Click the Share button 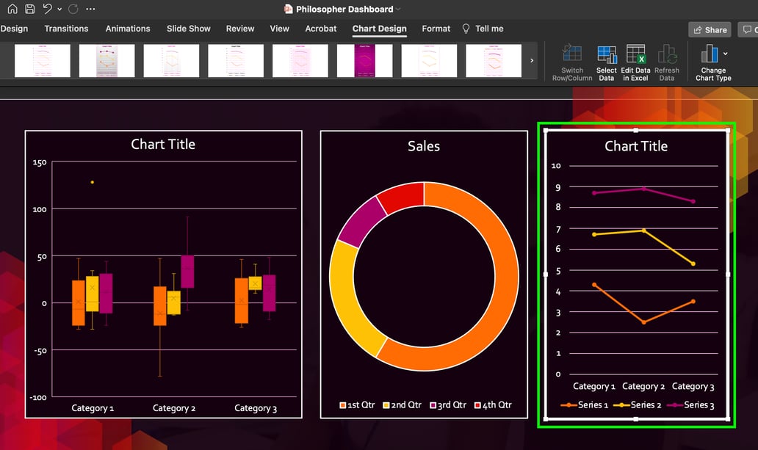click(710, 30)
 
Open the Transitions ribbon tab click(66, 29)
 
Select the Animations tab click(128, 29)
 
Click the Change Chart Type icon click(710, 54)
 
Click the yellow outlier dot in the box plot click(92, 182)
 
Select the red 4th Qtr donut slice click(401, 197)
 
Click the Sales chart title click(424, 146)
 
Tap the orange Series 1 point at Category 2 click(643, 322)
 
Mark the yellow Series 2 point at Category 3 click(693, 264)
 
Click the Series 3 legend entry click(691, 405)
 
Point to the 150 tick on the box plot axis click(39, 163)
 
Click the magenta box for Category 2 click(187, 272)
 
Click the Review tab click(240, 29)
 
